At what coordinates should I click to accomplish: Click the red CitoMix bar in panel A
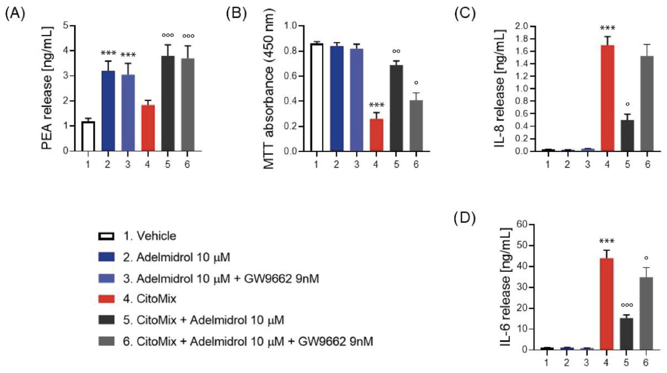tap(148, 128)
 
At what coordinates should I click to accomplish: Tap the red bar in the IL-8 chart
tap(607, 98)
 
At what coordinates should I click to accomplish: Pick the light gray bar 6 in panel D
tap(646, 313)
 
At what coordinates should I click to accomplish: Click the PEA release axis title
tap(47, 88)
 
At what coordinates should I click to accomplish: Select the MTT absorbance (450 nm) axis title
tap(269, 88)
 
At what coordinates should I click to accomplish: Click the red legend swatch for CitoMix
tap(106, 299)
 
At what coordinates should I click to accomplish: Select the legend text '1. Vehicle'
tap(150, 236)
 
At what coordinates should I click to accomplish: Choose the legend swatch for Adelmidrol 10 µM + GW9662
tap(106, 278)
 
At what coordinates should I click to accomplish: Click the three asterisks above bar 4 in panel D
tap(606, 241)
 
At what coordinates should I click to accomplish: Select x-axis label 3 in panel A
tap(128, 164)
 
